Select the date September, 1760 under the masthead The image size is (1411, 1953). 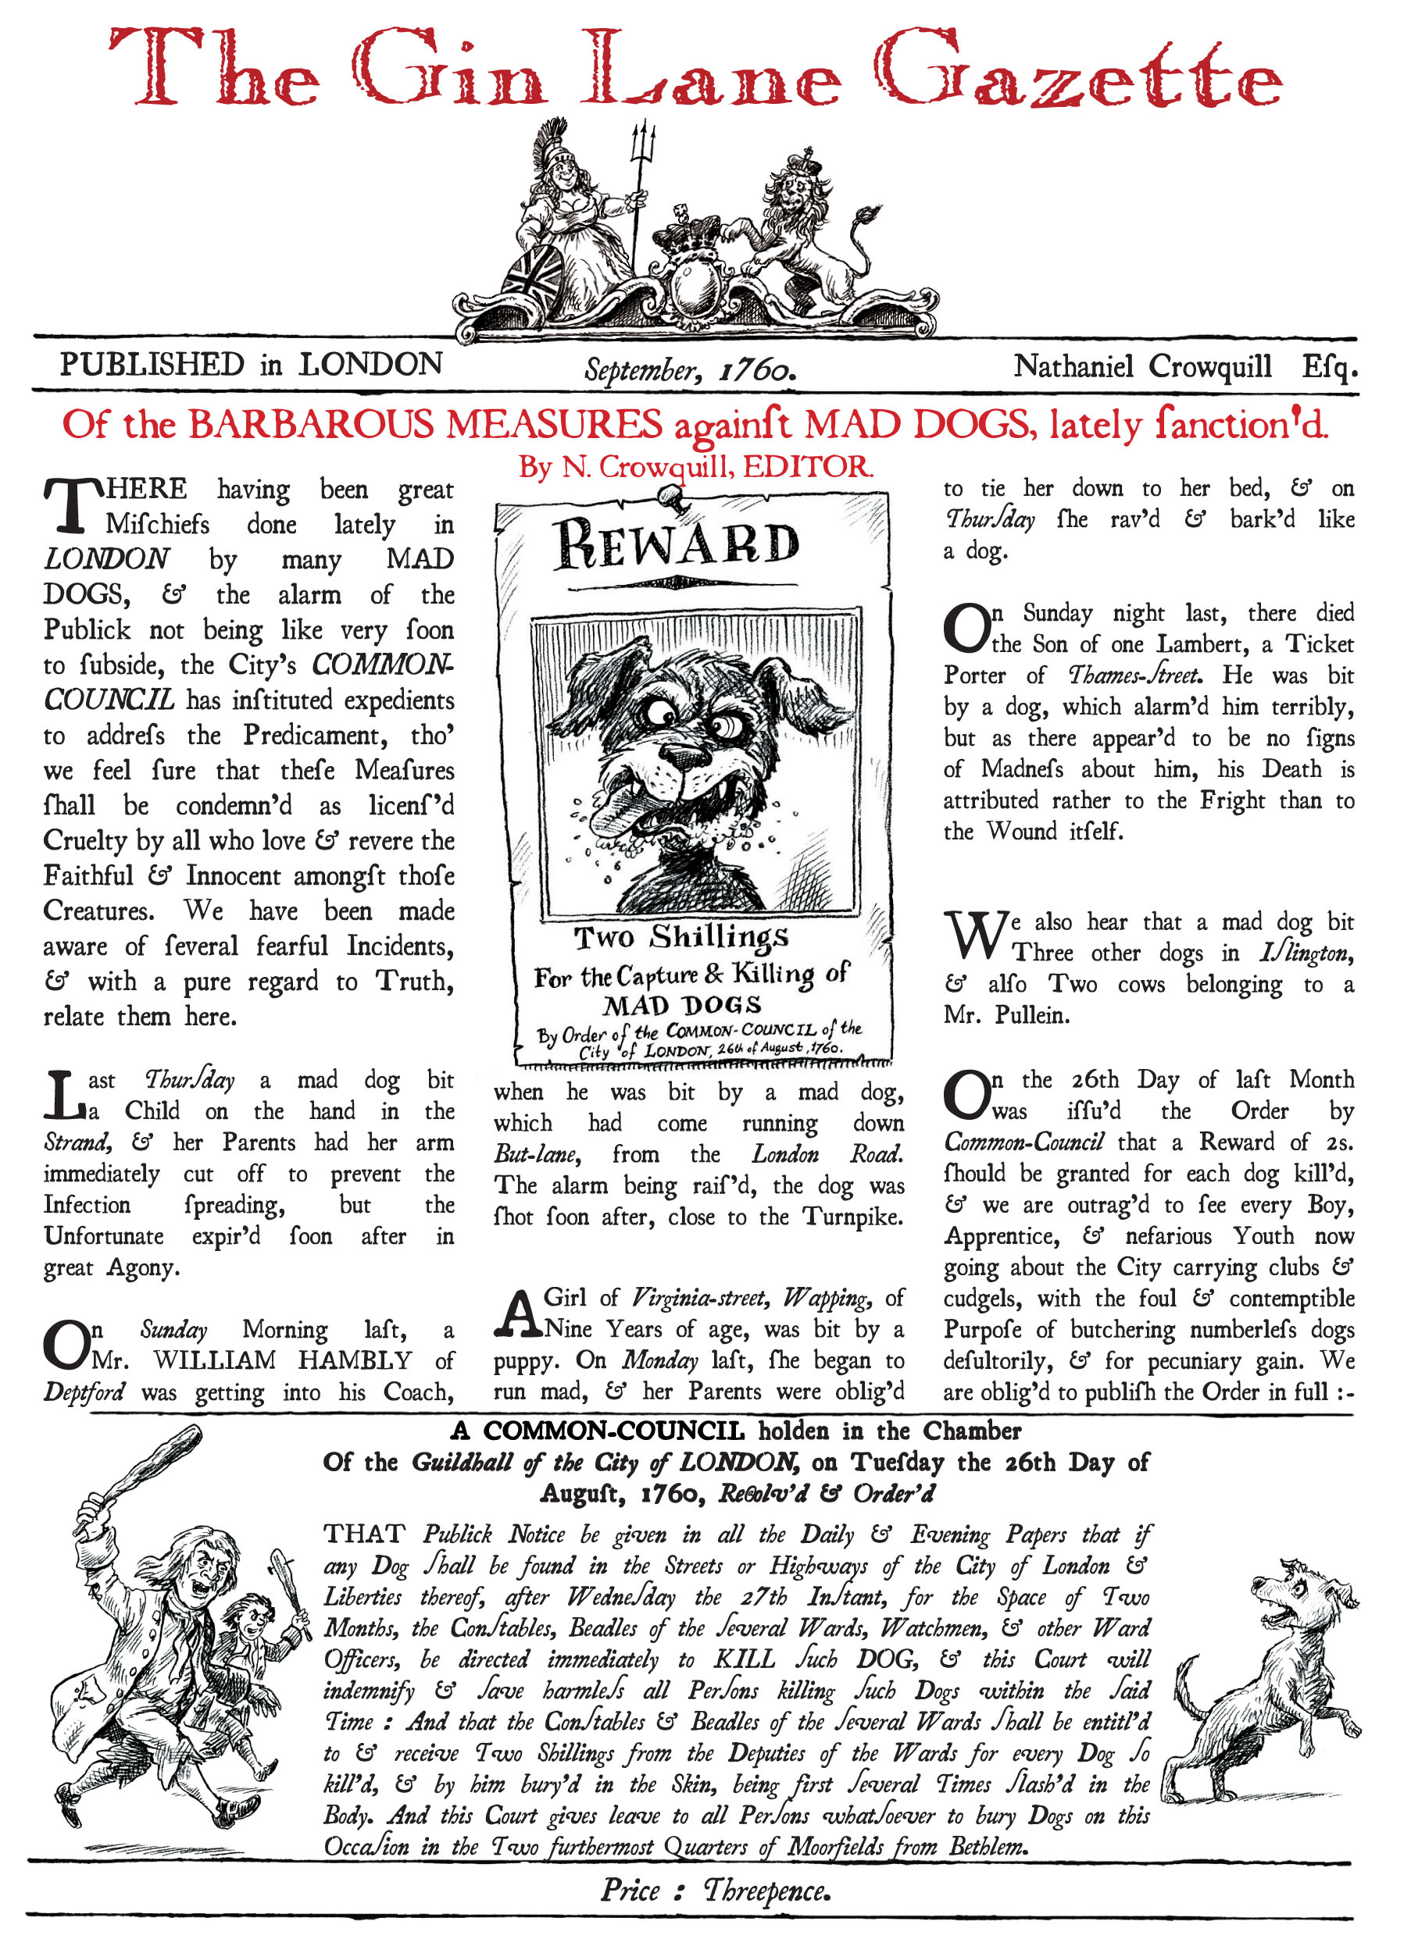(x=689, y=370)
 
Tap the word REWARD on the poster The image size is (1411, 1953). (x=677, y=544)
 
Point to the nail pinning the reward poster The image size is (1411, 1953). (x=670, y=495)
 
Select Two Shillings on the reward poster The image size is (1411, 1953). (x=680, y=936)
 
